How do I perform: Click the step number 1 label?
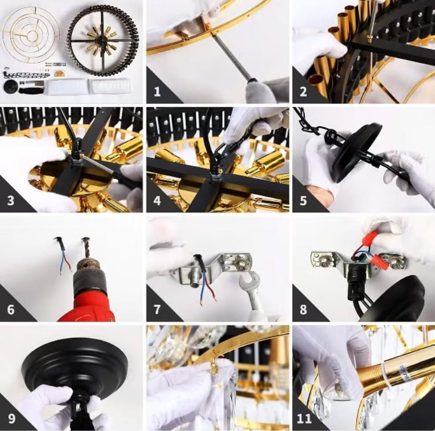coord(157,92)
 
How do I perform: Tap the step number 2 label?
coord(303,92)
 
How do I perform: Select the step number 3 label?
coord(11,201)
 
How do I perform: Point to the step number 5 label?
coord(303,201)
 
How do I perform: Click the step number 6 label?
coord(11,310)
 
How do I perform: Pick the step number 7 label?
coord(157,310)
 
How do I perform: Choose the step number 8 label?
coord(303,310)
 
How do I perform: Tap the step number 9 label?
coord(11,419)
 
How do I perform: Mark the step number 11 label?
coord(304,419)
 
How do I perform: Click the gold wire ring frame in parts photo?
coord(31,34)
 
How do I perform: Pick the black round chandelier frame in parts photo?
coord(103,42)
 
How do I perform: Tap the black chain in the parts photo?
coord(27,75)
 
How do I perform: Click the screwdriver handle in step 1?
coord(255,85)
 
